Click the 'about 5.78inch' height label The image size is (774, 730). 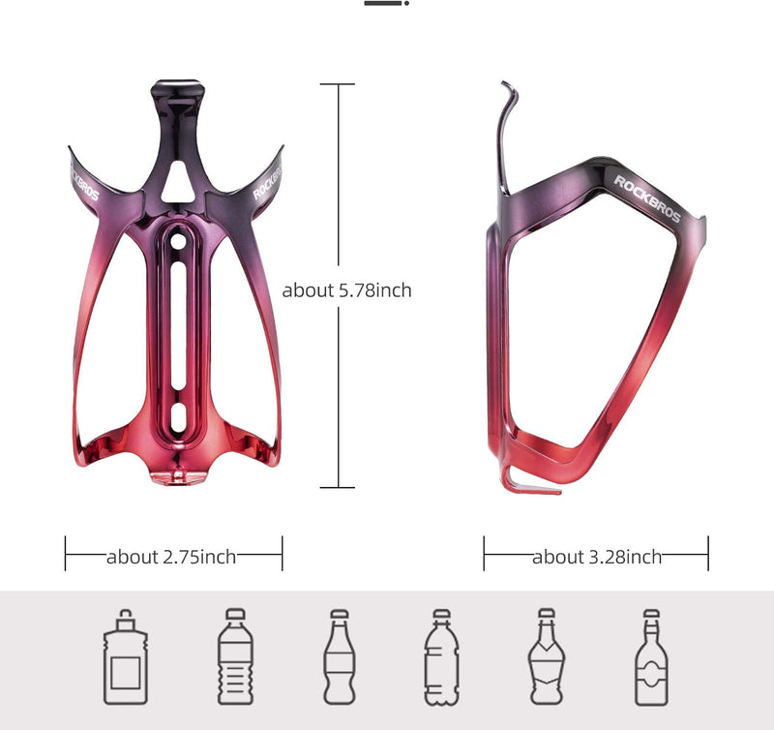click(x=346, y=289)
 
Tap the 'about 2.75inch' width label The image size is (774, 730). click(x=171, y=556)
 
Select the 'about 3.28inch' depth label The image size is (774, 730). click(x=597, y=556)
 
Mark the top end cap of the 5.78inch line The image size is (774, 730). click(x=337, y=84)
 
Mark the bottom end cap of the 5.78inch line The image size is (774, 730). click(x=337, y=487)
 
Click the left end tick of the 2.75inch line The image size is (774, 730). click(x=66, y=554)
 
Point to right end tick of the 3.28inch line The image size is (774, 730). click(x=708, y=554)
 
